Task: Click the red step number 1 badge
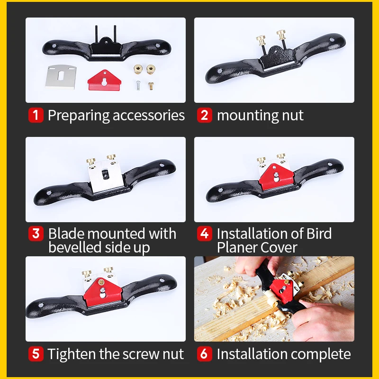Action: pos(36,115)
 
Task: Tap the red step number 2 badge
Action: pos(205,115)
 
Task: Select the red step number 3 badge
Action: pos(36,234)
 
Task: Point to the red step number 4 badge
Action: pos(205,234)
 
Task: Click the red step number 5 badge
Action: pos(36,354)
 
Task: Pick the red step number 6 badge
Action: pos(205,354)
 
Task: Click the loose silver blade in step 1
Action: pos(61,77)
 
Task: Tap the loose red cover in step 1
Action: pos(104,80)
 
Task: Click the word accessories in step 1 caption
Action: pos(149,116)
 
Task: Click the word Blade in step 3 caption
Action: pos(66,234)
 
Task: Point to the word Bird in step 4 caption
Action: pos(319,234)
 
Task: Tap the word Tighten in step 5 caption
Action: pos(72,354)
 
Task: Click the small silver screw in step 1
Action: pos(138,85)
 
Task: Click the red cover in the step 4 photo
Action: pos(276,176)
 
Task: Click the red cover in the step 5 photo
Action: pos(102,292)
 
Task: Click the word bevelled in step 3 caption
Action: pos(74,247)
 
